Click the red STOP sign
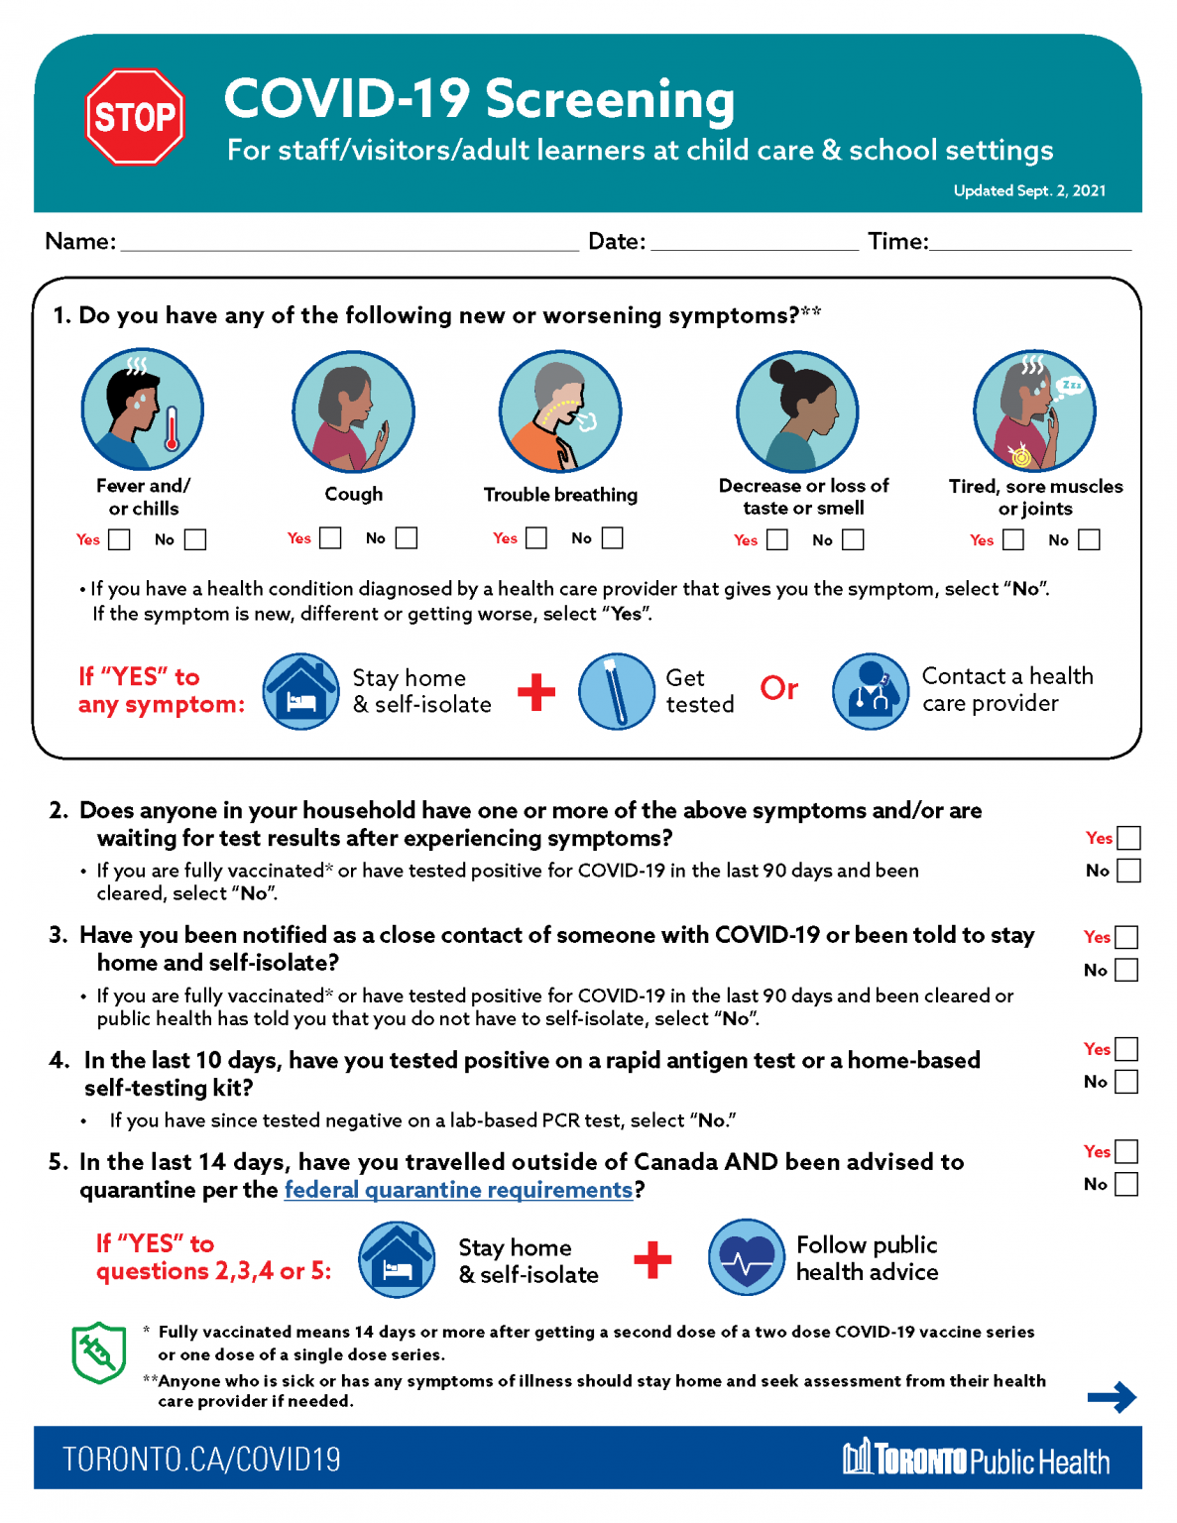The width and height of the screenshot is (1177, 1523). pos(135,117)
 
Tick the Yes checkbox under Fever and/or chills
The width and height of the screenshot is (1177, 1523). pos(119,539)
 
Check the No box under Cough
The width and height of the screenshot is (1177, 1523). pos(407,537)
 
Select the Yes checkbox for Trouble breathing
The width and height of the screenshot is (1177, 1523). pos(536,537)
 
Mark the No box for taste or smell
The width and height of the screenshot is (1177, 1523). pos(853,539)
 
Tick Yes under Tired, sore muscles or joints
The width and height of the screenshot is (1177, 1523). pos(1013,539)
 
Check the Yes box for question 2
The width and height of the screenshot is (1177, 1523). pos(1128,838)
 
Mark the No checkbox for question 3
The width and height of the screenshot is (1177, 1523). pos(1126,970)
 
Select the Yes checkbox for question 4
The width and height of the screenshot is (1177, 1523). pos(1126,1049)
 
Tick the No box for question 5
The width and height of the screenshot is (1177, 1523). pos(1126,1184)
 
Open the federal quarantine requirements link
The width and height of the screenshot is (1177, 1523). pos(458,1190)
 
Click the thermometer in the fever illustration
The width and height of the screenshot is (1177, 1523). pos(172,429)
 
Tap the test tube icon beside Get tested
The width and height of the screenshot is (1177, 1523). pos(616,691)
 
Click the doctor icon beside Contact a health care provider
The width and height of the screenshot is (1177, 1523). pos(871,691)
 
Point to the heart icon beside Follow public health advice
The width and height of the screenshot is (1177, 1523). pos(747,1257)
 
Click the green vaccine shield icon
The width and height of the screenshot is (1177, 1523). pos(99,1351)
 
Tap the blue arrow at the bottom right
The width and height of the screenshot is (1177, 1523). pos(1112,1397)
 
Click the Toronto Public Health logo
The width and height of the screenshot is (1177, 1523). pos(976,1460)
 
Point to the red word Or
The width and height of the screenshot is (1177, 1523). pos(779,688)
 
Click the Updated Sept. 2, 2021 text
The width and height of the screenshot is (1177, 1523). pos(1029,190)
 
